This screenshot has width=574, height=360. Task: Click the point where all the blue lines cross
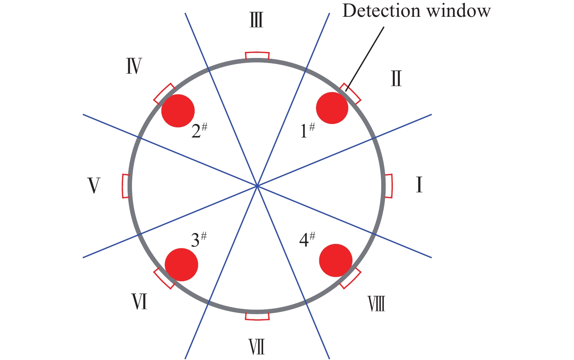coord(257,186)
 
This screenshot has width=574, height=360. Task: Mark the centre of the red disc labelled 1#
coord(332,108)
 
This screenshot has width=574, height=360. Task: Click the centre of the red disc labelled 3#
coord(181,264)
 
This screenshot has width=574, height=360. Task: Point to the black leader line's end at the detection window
coord(346,91)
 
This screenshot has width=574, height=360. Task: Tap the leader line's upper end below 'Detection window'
coord(384,27)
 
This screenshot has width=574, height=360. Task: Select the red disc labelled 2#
coord(178,111)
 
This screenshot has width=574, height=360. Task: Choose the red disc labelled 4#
coord(336,260)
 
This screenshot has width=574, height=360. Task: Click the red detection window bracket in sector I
coord(389,186)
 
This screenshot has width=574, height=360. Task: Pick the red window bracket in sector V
coord(126,186)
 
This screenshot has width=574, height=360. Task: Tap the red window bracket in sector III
coord(257,55)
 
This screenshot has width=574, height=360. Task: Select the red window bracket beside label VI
coord(164,278)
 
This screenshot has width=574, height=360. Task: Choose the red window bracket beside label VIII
coord(350,278)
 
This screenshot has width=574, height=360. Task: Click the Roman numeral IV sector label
coord(134,66)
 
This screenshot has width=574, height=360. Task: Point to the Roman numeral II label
coord(396,78)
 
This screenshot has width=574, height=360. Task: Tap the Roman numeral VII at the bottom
coord(257,347)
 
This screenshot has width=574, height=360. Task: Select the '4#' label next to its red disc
coord(307,240)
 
